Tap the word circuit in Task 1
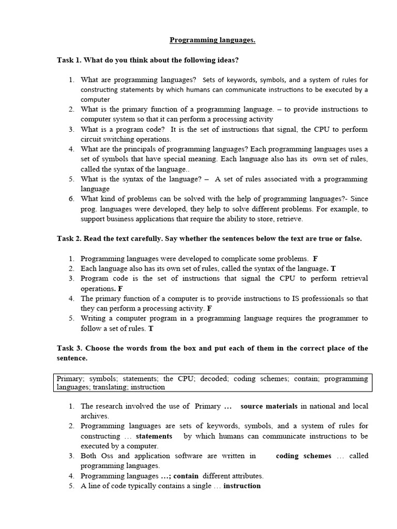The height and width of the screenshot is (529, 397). coord(90,139)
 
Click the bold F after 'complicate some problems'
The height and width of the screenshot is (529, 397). coord(315,258)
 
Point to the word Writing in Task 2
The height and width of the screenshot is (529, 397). coord(93,318)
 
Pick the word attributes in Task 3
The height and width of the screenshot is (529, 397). coord(245,476)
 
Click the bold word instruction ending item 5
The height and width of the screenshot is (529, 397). coord(242,486)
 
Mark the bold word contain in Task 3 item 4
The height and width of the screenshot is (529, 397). coord(186,476)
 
